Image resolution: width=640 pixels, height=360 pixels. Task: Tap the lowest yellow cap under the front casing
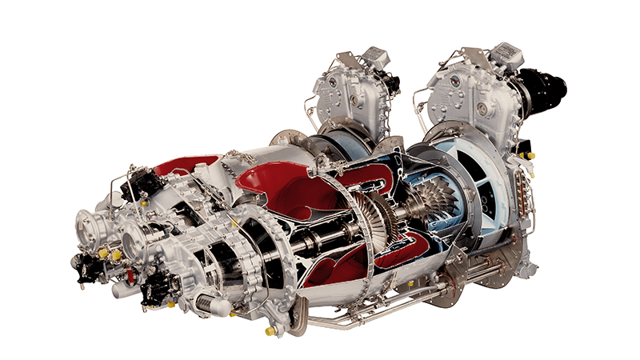[270, 330]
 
